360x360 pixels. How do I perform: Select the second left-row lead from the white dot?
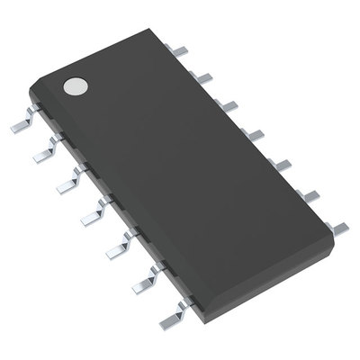click(42, 157)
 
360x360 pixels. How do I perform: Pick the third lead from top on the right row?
click(229, 106)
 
